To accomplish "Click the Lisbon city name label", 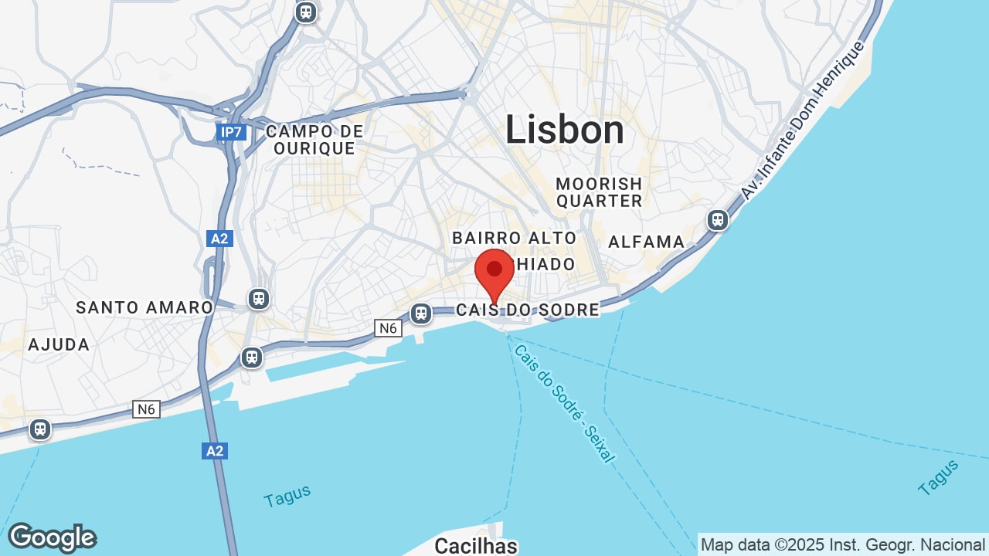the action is click(564, 130).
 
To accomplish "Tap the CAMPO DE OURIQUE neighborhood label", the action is click(314, 140).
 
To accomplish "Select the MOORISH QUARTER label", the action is click(599, 192).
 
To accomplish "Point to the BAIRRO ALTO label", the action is click(514, 238).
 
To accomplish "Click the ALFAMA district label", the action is click(646, 242).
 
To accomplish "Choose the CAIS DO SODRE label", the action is click(528, 310).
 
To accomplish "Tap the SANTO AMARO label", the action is click(144, 307).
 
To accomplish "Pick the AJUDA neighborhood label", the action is click(59, 344).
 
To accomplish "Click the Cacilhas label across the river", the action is click(476, 546).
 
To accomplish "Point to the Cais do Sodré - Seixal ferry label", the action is click(564, 403).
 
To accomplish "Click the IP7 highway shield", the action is click(231, 132).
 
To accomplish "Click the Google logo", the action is click(52, 537).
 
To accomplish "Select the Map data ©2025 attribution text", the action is click(842, 544).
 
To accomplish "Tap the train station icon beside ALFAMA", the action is click(718, 220).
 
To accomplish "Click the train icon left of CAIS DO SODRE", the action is click(420, 313).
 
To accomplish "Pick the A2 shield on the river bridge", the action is click(215, 450).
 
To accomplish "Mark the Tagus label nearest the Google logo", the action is click(287, 495).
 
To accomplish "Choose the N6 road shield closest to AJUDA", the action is click(146, 409).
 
